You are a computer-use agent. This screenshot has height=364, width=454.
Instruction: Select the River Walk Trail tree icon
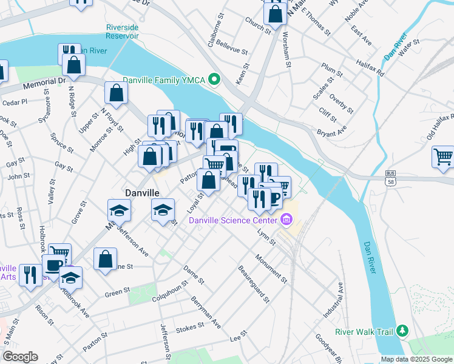click(402, 331)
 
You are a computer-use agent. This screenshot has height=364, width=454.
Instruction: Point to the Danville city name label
click(142, 192)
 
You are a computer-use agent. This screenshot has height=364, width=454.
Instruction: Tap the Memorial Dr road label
click(44, 84)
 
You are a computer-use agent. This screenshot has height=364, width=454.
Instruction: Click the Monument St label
click(271, 268)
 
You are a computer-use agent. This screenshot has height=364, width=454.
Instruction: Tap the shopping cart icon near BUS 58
click(444, 156)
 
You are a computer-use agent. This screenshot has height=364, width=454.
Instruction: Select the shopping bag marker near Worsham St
click(275, 13)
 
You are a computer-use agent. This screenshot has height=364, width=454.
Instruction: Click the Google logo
click(20, 356)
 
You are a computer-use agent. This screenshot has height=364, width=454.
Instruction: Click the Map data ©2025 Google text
click(416, 359)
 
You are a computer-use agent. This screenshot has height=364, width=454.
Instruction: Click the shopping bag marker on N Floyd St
click(116, 93)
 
